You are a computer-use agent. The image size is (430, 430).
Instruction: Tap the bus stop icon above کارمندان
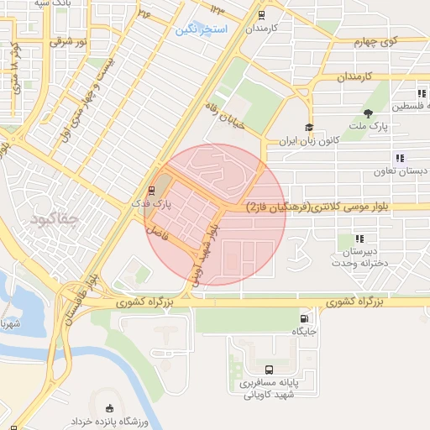click(x=261, y=14)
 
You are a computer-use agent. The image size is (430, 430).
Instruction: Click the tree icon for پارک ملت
click(x=368, y=113)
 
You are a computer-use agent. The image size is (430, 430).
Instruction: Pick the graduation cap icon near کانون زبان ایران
click(x=309, y=128)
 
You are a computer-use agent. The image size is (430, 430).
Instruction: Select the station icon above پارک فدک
click(x=152, y=190)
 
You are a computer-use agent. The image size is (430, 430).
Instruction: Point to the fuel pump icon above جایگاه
click(x=303, y=318)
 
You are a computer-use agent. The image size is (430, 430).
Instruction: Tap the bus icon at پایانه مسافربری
click(x=269, y=370)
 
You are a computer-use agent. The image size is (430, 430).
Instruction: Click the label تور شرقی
click(x=67, y=40)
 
